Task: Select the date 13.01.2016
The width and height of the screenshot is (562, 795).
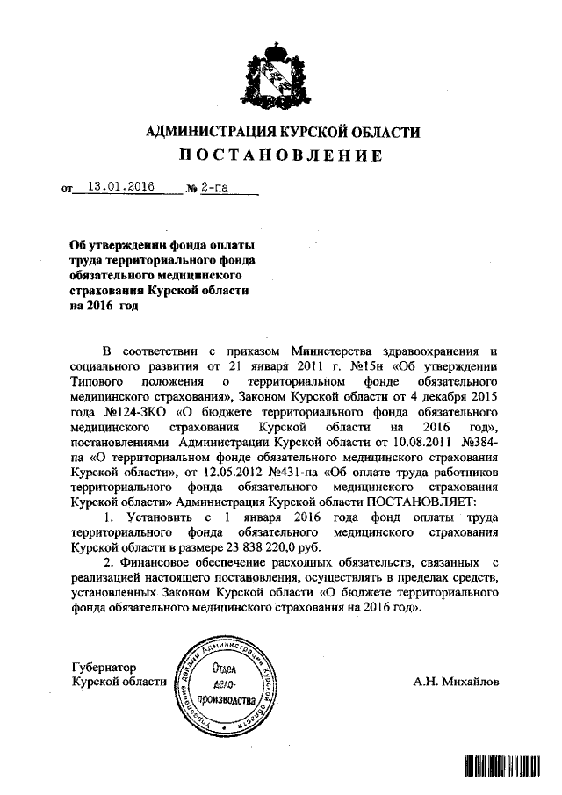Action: [120, 187]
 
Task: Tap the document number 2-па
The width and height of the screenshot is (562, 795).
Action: [212, 187]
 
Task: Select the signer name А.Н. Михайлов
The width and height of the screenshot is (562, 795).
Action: [458, 681]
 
